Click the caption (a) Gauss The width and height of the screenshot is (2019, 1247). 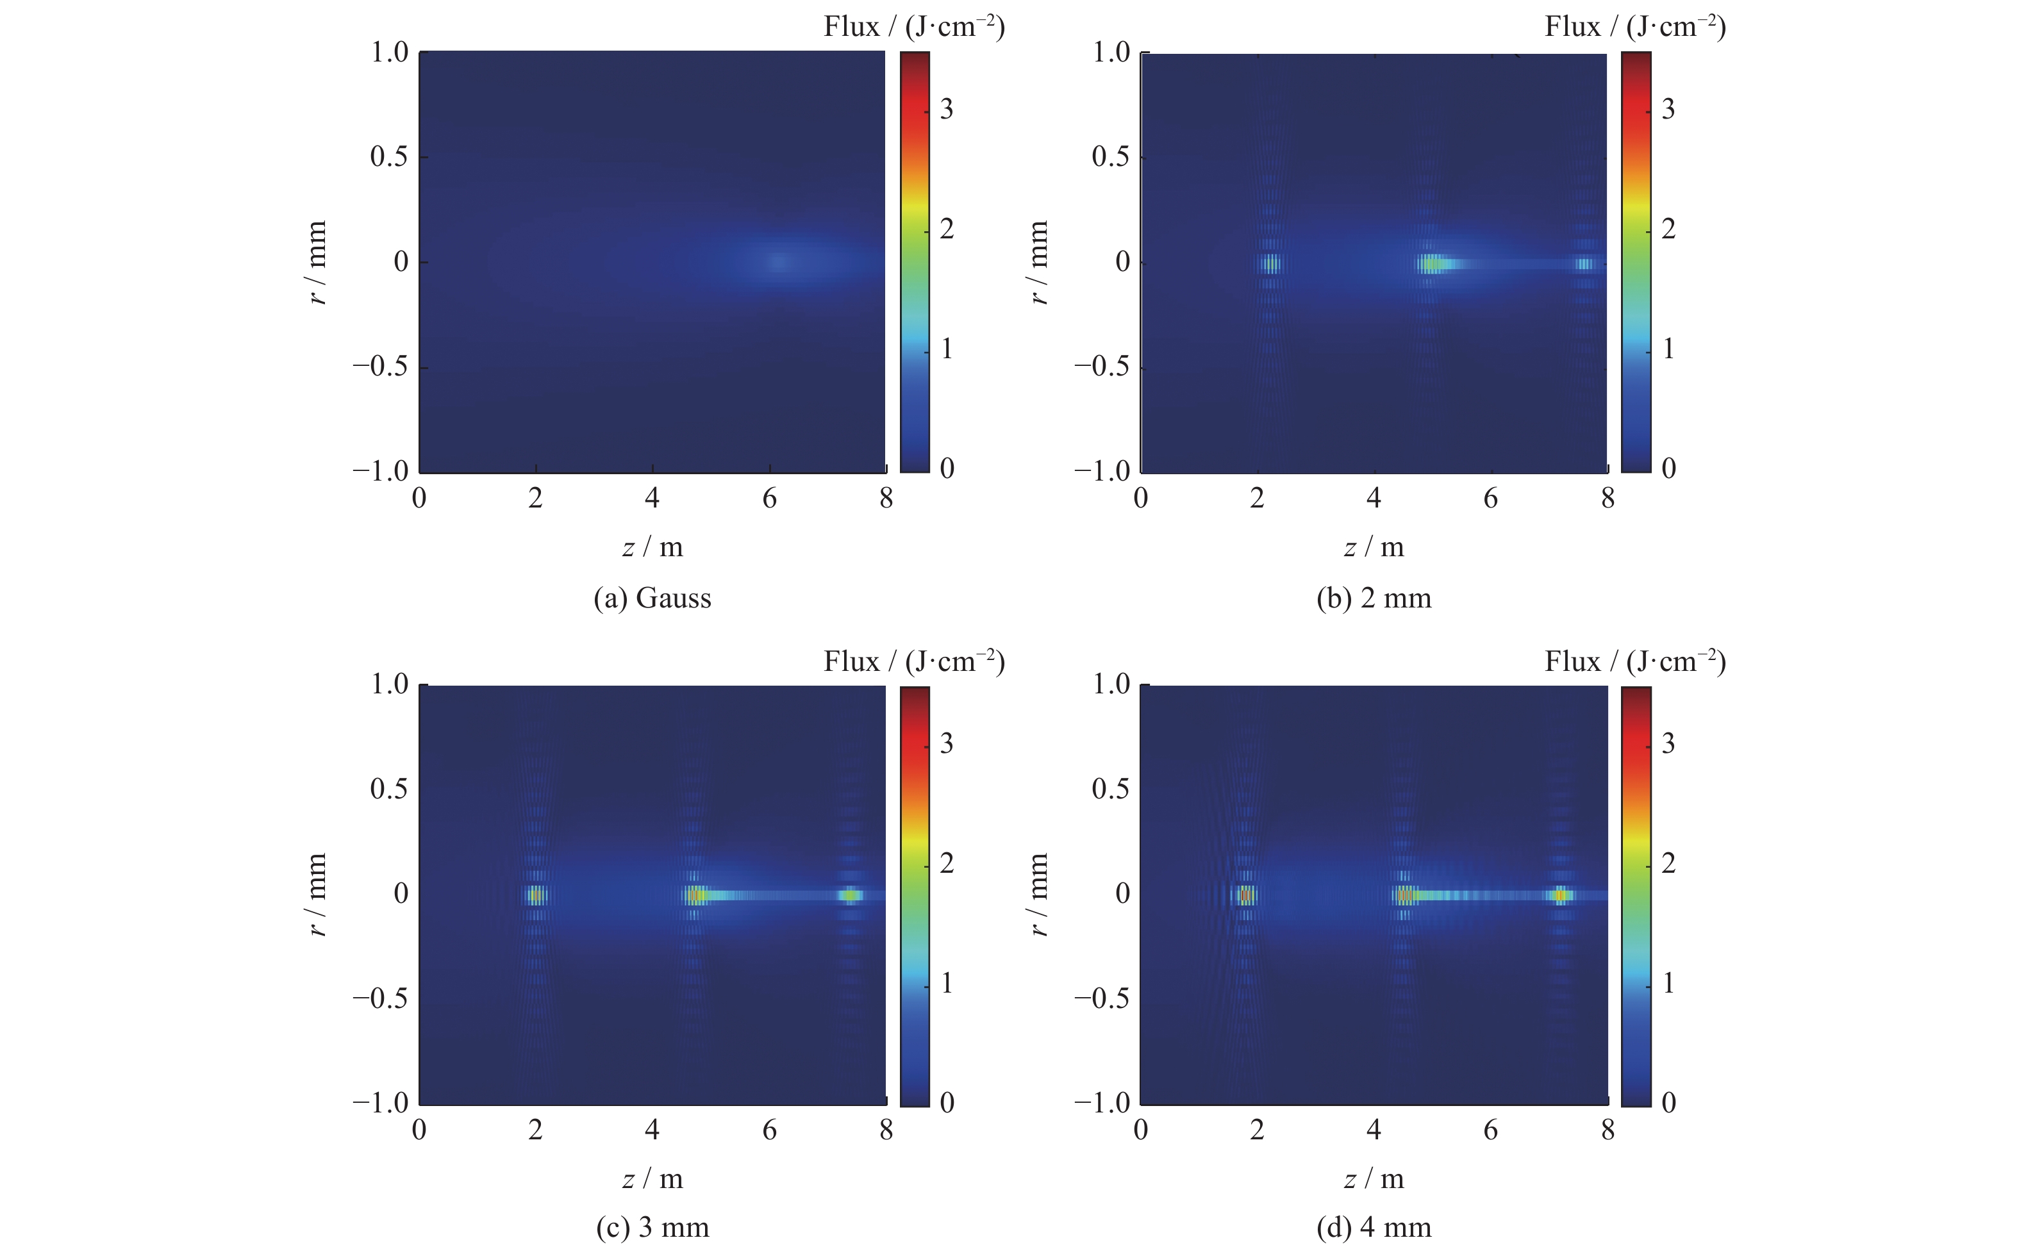(x=652, y=598)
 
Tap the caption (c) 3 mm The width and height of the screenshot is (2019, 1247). (x=652, y=1227)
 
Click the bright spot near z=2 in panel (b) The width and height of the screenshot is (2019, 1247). (x=1271, y=264)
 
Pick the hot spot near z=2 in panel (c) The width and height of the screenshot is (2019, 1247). (x=536, y=895)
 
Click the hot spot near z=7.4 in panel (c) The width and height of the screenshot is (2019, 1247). (x=851, y=895)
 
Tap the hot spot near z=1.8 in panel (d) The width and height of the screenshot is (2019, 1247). (x=1245, y=895)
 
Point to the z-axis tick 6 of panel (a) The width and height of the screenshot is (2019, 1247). (x=769, y=498)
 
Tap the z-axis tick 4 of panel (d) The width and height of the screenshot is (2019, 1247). (x=1373, y=1130)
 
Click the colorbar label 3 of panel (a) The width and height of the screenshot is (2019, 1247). (x=946, y=109)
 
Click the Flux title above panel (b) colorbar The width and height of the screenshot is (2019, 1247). (x=1634, y=27)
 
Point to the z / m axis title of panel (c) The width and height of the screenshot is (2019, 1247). (x=652, y=1179)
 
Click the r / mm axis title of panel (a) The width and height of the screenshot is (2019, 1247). (x=317, y=262)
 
